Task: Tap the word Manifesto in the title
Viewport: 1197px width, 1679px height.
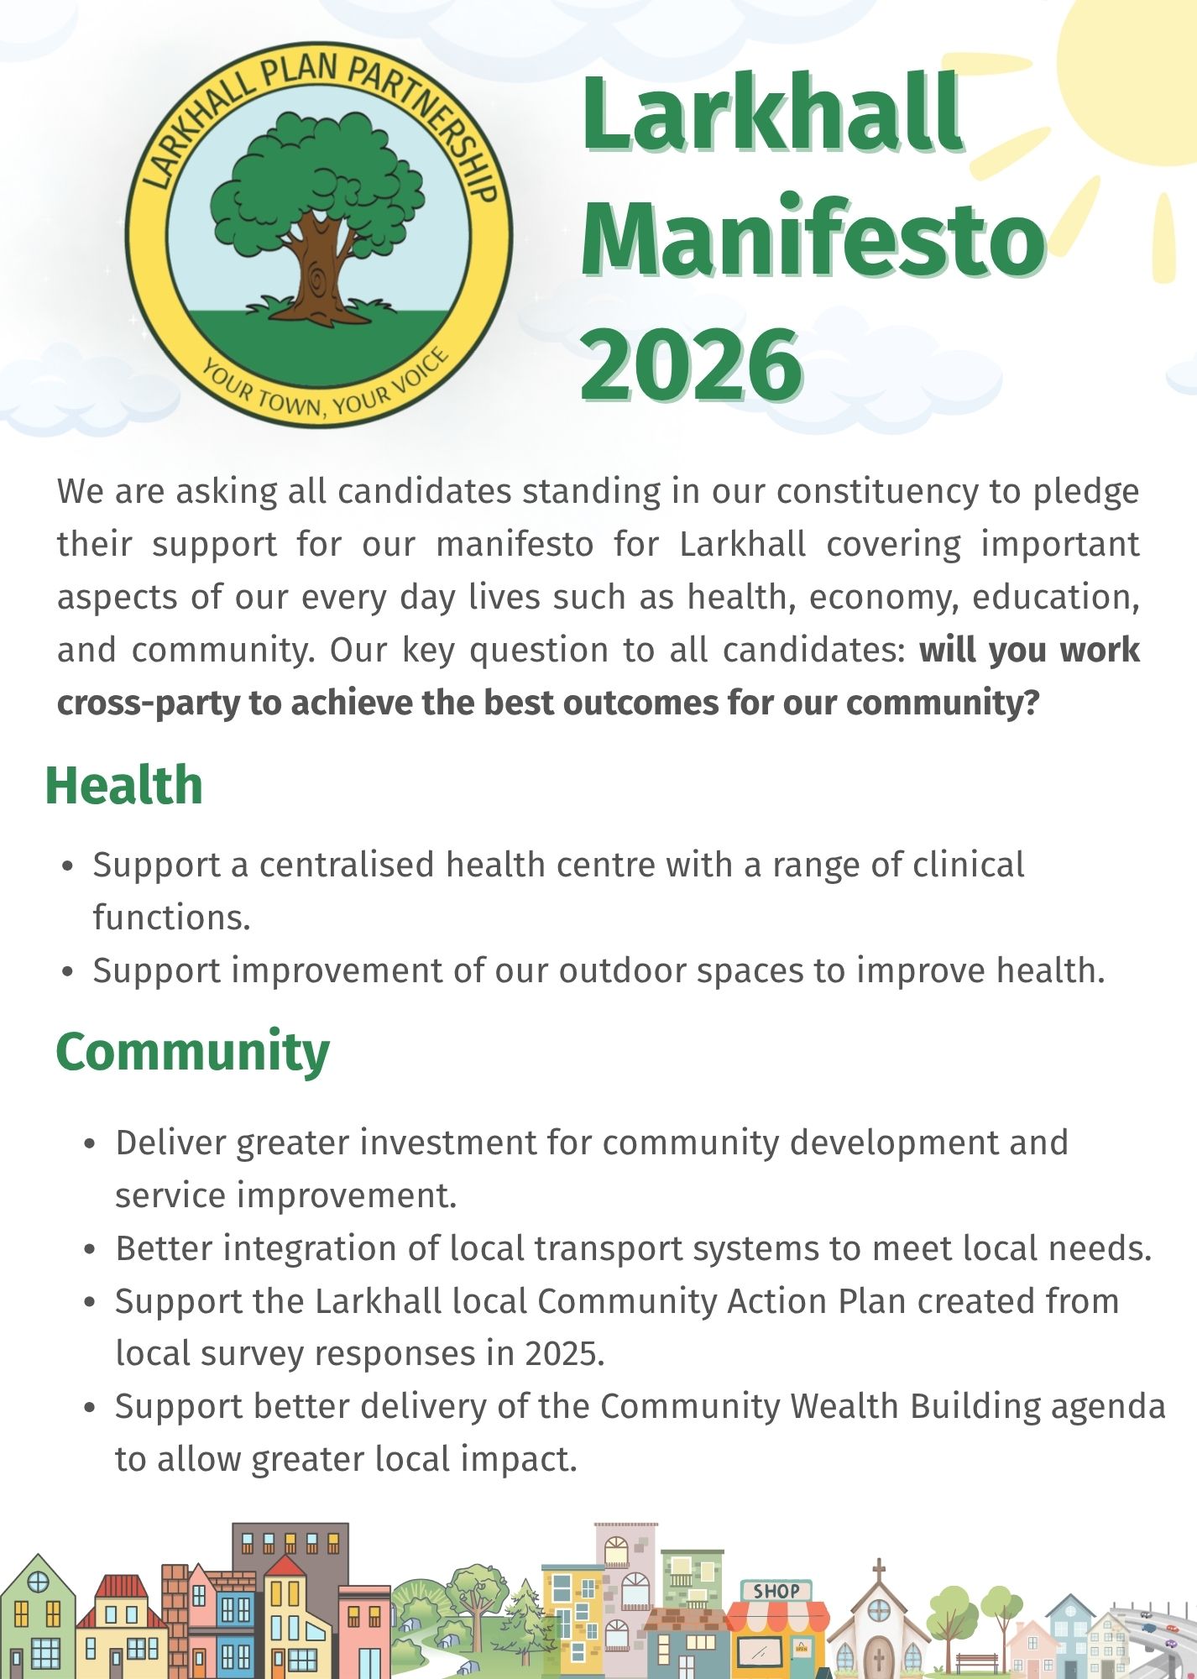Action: point(813,237)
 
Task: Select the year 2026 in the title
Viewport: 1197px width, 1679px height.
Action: point(692,364)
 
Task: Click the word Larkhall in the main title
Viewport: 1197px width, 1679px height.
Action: point(771,112)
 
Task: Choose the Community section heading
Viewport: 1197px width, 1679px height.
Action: point(193,1052)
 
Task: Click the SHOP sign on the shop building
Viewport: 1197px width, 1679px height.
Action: point(776,1590)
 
